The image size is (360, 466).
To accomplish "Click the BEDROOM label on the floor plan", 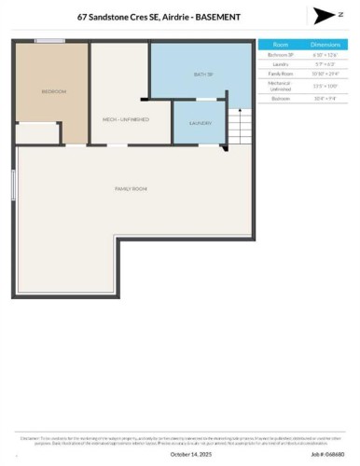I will point(52,91).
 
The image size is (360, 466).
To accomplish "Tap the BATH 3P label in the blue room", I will point(203,74).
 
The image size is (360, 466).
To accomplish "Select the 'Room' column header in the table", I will point(280,44).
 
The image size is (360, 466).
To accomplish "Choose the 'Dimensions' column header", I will point(325,44).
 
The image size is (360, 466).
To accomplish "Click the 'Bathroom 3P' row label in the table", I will point(280,54).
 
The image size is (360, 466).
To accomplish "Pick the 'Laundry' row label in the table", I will point(280,63).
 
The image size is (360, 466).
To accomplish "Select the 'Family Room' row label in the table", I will point(280,73).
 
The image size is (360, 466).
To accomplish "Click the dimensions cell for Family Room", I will point(325,73).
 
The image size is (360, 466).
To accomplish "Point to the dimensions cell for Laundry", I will point(325,63).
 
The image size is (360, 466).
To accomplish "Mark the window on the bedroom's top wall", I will point(49,41).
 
